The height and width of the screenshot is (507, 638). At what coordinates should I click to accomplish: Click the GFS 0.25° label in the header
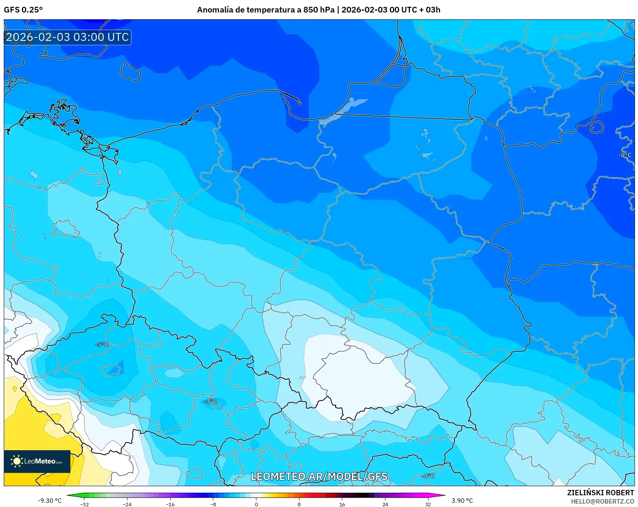[x=23, y=10]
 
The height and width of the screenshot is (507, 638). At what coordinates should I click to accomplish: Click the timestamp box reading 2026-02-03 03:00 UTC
[x=67, y=37]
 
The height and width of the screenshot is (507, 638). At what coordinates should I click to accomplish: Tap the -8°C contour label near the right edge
[x=625, y=155]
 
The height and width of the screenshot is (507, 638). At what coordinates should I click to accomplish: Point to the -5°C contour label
[x=102, y=345]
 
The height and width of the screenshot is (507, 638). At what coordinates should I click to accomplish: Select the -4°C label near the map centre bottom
[x=211, y=401]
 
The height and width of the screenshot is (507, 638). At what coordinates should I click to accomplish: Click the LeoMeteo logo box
[x=37, y=461]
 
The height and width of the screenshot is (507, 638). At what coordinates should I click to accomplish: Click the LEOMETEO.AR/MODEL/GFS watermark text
[x=319, y=476]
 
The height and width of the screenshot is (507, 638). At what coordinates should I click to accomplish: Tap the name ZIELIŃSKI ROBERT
[x=601, y=493]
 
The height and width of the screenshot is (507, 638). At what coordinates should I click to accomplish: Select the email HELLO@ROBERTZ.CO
[x=602, y=501]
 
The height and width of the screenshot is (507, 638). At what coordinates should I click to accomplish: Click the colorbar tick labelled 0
[x=256, y=504]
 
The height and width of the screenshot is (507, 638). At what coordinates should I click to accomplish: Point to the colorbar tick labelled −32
[x=84, y=504]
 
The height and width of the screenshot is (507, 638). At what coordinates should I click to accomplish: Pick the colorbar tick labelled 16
[x=342, y=504]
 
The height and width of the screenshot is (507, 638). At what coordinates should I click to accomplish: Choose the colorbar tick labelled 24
[x=385, y=504]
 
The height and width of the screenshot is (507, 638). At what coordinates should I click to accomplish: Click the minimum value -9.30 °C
[x=50, y=501]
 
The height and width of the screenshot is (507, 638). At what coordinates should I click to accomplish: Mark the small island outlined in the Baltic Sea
[x=130, y=71]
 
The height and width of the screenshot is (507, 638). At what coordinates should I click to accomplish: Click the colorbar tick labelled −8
[x=213, y=504]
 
